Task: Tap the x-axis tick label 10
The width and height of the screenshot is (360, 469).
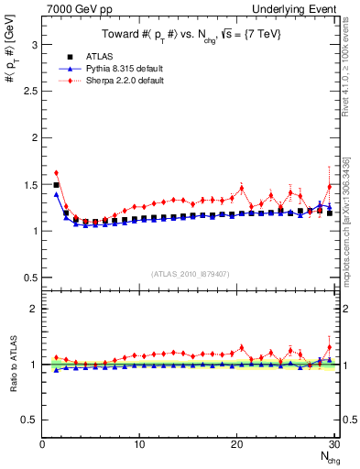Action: [x=139, y=444]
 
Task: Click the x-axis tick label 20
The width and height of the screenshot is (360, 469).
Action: [x=236, y=444]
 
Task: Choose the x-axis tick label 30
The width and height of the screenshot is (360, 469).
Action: [x=333, y=444]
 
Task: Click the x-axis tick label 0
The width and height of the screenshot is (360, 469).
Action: [x=42, y=444]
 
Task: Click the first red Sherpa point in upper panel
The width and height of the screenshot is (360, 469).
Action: [x=56, y=172]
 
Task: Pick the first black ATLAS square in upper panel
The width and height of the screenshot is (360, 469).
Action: [x=56, y=185]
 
